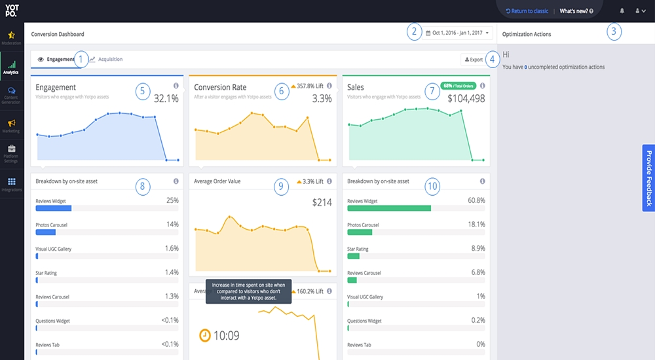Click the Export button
[474, 60]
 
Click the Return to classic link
[527, 11]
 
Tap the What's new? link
[576, 11]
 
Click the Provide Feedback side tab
[648, 178]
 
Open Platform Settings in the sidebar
[12, 153]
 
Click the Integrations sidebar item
[12, 184]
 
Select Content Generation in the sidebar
[12, 94]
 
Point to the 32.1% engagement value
[166, 99]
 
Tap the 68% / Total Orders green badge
[458, 86]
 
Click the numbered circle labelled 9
[281, 187]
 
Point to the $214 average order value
[322, 203]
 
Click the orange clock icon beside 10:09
[205, 335]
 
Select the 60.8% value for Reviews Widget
[472, 200]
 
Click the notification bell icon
[622, 11]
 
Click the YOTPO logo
[12, 11]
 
